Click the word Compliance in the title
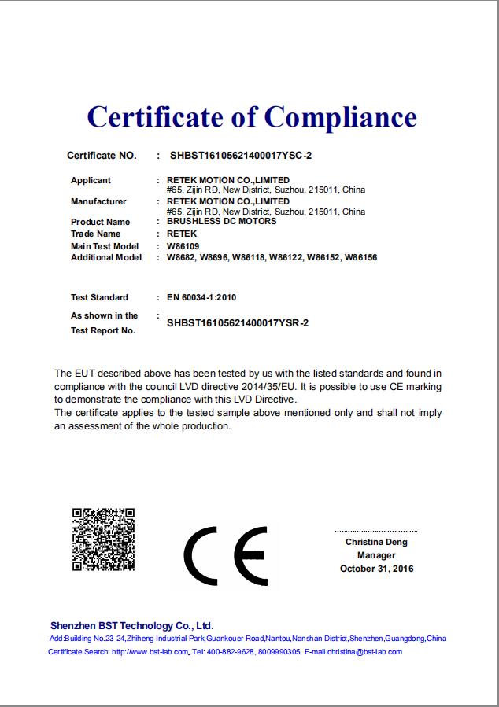(x=340, y=117)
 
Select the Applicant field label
(x=91, y=180)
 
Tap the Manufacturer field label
(x=98, y=201)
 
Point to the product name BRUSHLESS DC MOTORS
(x=222, y=222)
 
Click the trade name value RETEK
(x=182, y=234)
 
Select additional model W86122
(x=284, y=257)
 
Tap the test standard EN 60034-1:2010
(x=202, y=297)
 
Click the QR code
(x=103, y=539)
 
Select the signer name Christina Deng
(x=376, y=542)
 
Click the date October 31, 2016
(x=376, y=569)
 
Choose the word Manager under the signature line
(x=376, y=555)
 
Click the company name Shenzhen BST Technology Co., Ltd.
(x=132, y=625)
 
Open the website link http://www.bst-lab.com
(x=150, y=651)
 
